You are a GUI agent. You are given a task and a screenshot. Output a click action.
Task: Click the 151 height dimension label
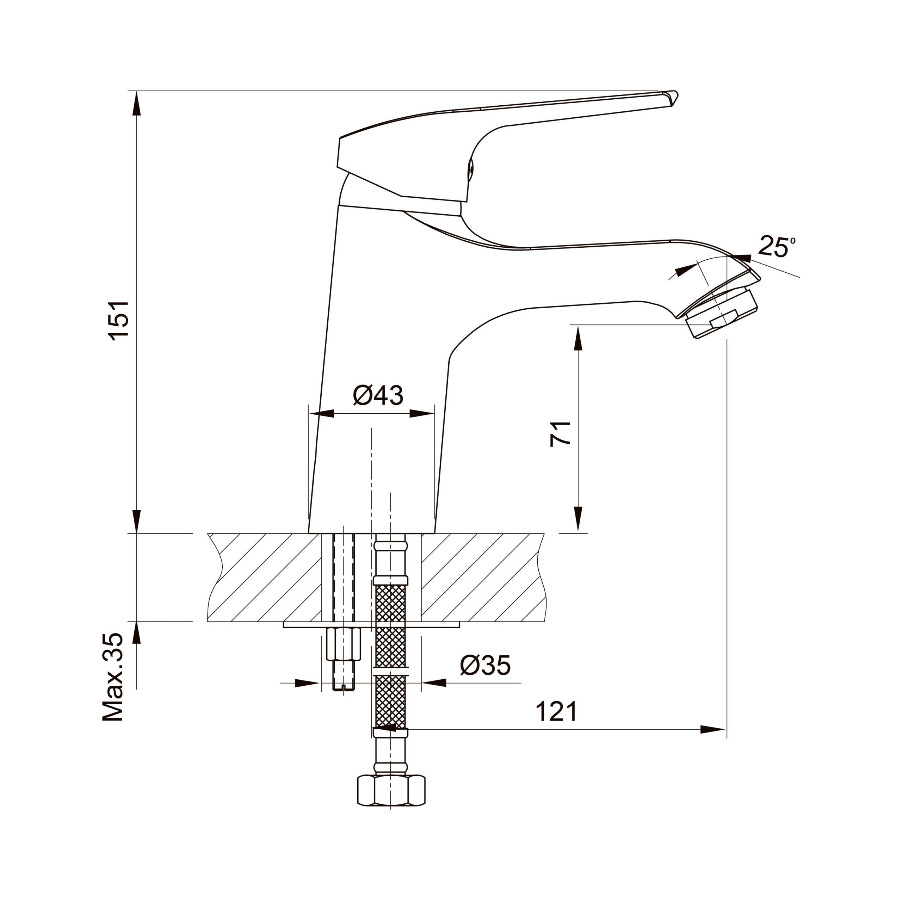click(119, 320)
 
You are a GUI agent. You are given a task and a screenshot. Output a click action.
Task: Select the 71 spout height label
click(560, 434)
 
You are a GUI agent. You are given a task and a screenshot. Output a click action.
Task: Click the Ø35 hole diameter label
click(486, 665)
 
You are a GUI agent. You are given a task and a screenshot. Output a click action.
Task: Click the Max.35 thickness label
click(113, 677)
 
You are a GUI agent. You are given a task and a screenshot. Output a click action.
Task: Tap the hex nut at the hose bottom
click(391, 790)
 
